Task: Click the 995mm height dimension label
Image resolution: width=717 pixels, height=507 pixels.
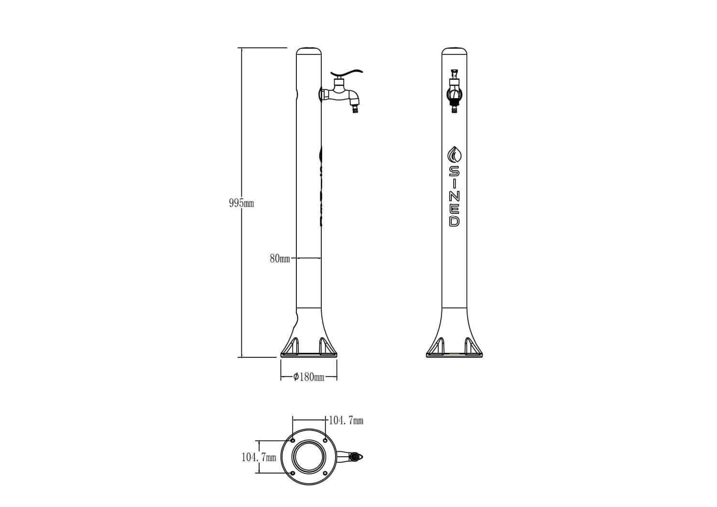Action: [241, 203]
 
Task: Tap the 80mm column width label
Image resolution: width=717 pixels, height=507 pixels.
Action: [280, 259]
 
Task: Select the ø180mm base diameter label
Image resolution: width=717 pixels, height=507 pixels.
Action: [309, 377]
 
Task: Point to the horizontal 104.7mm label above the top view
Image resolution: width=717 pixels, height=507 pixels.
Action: [346, 420]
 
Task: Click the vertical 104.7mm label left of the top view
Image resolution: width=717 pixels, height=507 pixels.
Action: [259, 458]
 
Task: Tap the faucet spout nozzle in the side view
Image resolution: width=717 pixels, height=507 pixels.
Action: [355, 111]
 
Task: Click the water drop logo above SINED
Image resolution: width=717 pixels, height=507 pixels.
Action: [454, 155]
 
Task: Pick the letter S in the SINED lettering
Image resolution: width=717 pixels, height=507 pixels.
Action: [454, 171]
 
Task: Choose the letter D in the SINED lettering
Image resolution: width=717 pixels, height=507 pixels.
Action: [454, 221]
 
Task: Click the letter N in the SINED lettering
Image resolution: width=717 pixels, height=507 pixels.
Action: [454, 196]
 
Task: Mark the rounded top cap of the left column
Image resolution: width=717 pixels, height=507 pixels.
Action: [309, 51]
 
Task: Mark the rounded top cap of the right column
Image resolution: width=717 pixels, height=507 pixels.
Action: [454, 51]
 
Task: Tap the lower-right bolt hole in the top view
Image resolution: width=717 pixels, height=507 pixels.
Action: [325, 473]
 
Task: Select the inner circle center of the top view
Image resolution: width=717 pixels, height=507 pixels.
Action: [309, 457]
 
